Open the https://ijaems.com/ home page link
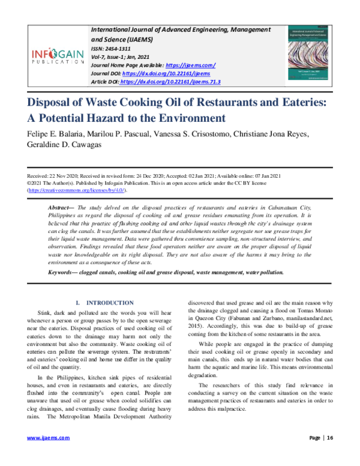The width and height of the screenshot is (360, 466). pyautogui.click(x=190, y=65)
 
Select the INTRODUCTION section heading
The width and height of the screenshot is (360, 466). pyautogui.click(x=110, y=303)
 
